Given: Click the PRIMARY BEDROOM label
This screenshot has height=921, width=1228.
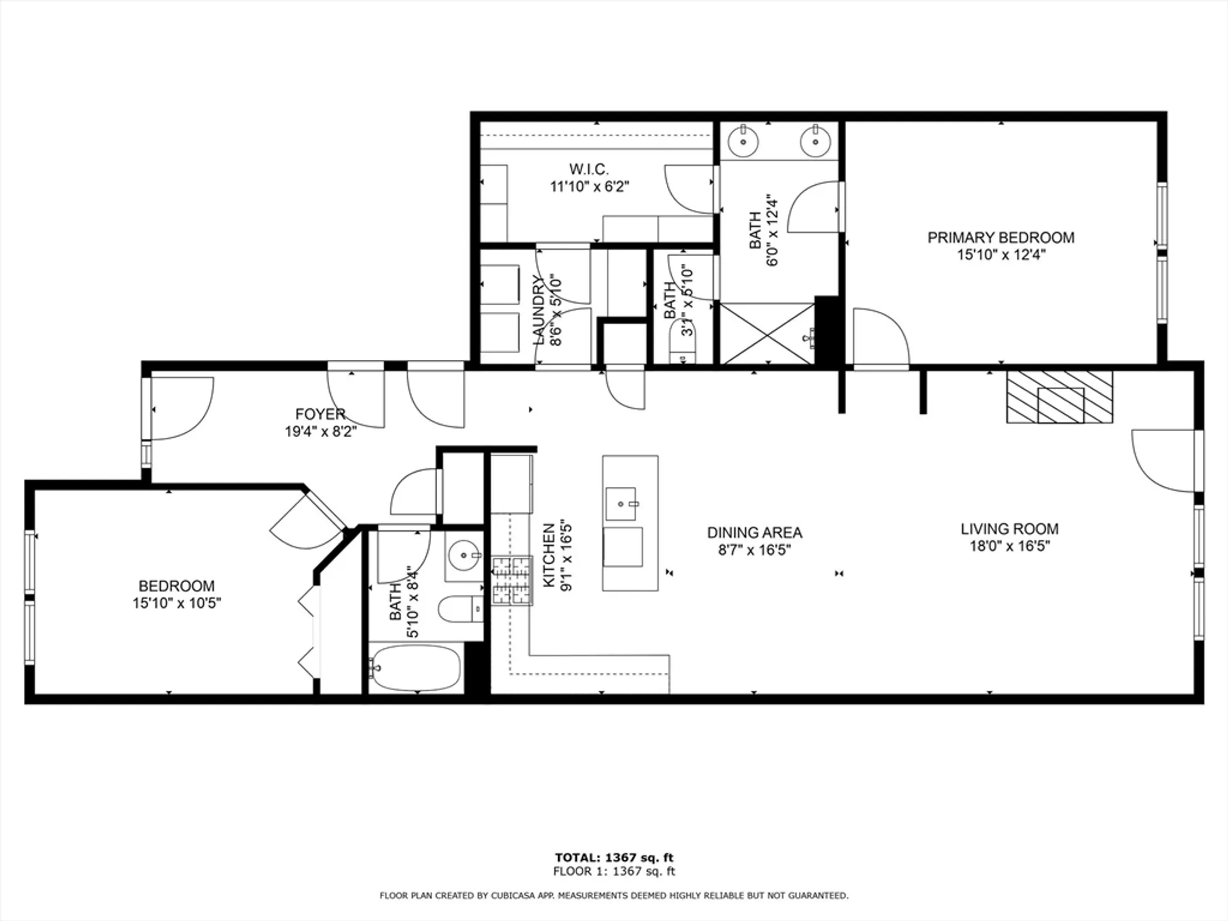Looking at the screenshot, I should click(x=1000, y=238).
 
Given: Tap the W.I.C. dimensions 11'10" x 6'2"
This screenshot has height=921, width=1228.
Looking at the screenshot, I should click(x=589, y=187).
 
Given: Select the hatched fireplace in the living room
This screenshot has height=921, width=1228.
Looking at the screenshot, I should click(x=1059, y=397).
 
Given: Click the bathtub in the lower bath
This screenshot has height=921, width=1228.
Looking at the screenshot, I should click(x=416, y=667).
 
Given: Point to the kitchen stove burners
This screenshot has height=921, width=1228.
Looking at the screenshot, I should click(x=511, y=581).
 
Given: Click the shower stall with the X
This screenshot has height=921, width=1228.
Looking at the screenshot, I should click(x=767, y=333).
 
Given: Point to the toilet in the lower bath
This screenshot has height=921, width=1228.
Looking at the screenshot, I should click(x=460, y=609).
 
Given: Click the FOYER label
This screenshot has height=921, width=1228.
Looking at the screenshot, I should click(x=320, y=414).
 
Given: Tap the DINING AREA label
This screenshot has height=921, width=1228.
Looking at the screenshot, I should click(x=755, y=532).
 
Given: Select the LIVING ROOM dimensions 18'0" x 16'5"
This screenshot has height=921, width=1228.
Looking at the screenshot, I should click(x=1009, y=546).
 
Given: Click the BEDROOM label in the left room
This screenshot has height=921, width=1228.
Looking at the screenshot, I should click(x=176, y=586).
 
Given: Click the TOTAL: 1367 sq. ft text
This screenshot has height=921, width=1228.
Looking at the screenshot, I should click(x=614, y=858).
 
